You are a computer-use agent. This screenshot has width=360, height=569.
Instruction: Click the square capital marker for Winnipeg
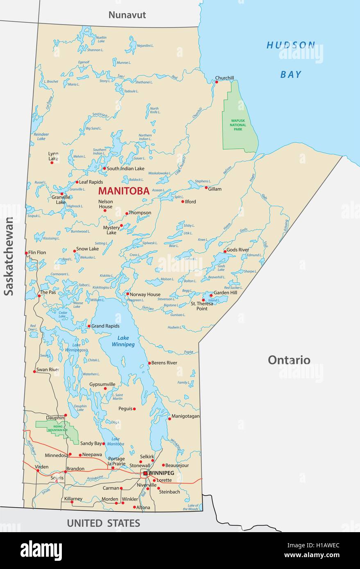pos(145,473)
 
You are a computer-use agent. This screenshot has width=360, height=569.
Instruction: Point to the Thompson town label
pos(140,213)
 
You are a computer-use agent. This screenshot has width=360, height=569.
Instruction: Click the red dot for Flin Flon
pos(26,253)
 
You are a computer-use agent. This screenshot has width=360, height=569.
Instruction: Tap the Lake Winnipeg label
pos(123,341)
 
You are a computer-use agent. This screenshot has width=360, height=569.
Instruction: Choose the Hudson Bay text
pos(291,59)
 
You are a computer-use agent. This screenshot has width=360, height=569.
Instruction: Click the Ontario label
pos(289,360)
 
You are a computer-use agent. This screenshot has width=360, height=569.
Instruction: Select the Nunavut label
pos(127,15)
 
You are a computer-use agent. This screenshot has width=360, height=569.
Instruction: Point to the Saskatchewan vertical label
pos(9,256)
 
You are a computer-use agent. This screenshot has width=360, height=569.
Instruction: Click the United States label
pos(103,523)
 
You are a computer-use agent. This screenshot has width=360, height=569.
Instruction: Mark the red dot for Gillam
pos(206,187)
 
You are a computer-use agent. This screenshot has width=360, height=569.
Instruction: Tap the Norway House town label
pos(145,294)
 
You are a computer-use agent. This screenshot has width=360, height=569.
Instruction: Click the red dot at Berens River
pos(149,363)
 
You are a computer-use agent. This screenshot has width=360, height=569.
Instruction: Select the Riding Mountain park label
pos(52,428)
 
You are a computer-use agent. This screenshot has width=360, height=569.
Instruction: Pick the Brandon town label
pos(75,469)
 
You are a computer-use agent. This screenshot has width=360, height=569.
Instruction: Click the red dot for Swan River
pos(34,372)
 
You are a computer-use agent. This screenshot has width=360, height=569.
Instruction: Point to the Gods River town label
pos(238,250)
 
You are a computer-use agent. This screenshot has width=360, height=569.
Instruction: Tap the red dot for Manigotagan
pos(169,419)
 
